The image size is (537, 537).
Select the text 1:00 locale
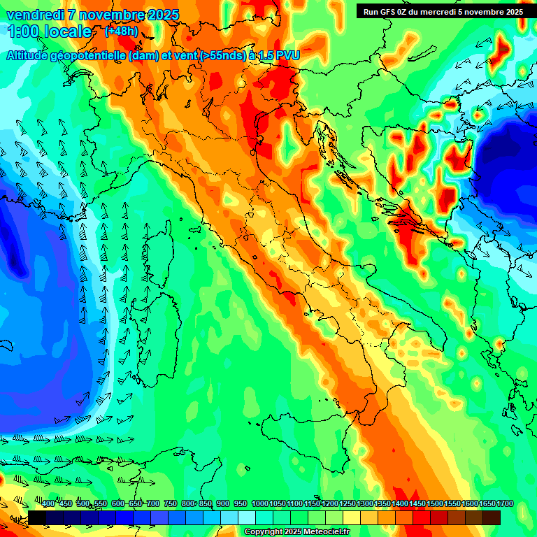[50, 31]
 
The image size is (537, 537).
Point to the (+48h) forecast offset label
[120, 31]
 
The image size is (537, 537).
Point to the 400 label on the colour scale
[48, 503]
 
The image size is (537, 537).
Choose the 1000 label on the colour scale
[260, 503]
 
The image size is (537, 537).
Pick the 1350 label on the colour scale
[382, 503]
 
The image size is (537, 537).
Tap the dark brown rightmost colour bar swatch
[492, 517]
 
